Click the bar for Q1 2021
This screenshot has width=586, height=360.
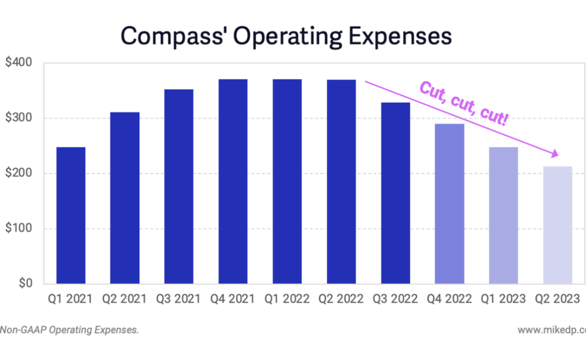coord(71,215)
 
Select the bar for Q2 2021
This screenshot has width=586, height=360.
coord(125,198)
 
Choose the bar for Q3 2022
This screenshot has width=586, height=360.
coord(395,193)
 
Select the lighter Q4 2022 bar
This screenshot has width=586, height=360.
coord(449,204)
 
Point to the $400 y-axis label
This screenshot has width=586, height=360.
coord(19,63)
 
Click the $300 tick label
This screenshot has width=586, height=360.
coord(19,118)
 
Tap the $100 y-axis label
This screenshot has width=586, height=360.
coord(19,228)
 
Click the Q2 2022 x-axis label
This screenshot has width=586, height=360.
coord(341,299)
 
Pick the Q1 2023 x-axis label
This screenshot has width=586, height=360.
coord(503,299)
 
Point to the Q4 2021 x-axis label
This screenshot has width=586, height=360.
coord(233,299)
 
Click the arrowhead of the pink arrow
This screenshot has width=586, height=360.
coord(555,153)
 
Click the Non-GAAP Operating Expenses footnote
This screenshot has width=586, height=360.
coord(69,330)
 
